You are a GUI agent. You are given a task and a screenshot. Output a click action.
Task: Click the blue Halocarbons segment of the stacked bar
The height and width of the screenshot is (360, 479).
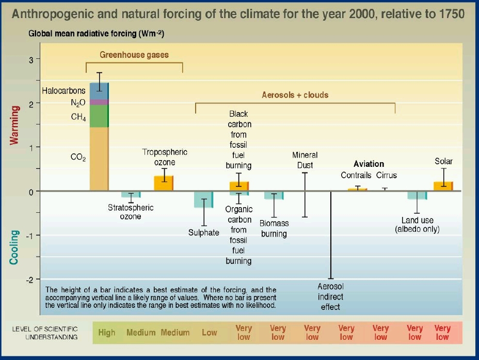pos(99,91)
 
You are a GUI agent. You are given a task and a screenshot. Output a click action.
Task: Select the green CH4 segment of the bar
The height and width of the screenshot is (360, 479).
pos(99,116)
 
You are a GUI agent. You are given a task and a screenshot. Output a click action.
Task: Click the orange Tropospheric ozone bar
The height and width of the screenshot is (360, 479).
pos(164,183)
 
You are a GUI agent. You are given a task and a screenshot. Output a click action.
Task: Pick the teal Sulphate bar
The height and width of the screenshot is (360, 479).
pos(203,199)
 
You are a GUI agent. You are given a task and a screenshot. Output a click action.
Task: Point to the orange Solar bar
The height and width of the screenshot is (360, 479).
pos(443,186)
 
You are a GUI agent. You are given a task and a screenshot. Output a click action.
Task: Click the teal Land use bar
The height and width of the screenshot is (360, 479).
pos(417,195)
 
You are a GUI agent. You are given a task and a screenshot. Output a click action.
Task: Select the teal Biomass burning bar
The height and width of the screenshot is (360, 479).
pos(274,195)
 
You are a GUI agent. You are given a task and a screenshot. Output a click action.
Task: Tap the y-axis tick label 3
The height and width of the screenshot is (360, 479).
pos(31,60)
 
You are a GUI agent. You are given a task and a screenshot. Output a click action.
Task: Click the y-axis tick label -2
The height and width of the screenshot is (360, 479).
pos(30,279)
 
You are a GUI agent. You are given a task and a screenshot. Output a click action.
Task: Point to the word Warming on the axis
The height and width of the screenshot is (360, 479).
pos(15,126)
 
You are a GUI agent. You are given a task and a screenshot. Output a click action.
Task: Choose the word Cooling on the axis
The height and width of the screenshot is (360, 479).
pos(15,247)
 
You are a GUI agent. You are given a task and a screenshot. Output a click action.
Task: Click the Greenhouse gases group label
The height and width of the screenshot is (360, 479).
pos(134,55)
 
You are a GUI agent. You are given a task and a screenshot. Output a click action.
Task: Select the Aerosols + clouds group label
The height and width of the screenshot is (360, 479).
pos(295,95)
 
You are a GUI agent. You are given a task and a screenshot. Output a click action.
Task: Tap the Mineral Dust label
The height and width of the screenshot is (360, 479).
pos(305,160)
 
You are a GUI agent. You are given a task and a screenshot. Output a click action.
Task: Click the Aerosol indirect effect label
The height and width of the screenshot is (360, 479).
pos(330,297)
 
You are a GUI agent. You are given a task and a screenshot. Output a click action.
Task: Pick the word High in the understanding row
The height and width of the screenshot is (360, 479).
pos(107,333)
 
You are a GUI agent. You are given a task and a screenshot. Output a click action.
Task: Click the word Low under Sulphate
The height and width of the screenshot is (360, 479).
pos(209,333)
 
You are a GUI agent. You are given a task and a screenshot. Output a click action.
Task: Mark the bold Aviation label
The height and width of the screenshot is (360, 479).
pos(369,164)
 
